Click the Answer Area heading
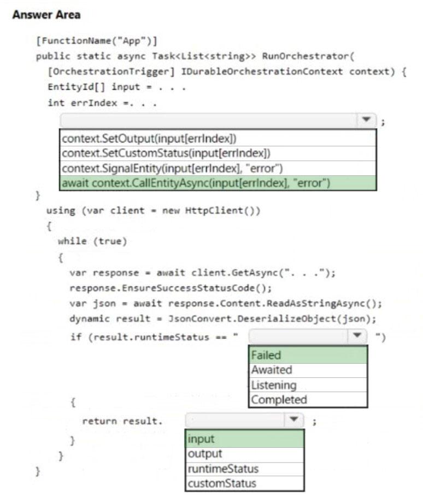click(46, 15)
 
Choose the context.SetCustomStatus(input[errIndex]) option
click(167, 153)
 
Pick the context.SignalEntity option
click(172, 168)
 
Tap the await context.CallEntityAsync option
click(196, 183)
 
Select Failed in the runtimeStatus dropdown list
click(266, 355)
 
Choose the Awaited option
click(272, 370)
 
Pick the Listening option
click(274, 384)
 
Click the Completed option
click(279, 399)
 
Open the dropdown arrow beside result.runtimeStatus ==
click(357, 336)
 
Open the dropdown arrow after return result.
click(294, 421)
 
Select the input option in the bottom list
click(201, 439)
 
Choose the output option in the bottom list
click(204, 454)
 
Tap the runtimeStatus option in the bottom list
click(223, 469)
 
